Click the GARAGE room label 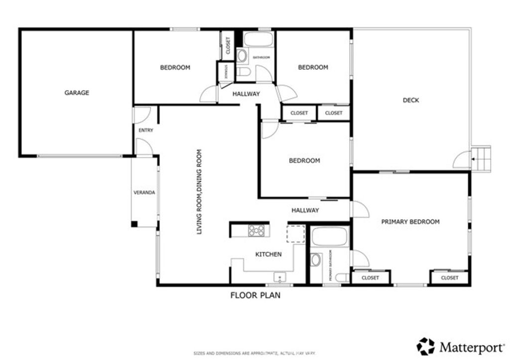tap(77, 93)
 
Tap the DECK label tap(410, 100)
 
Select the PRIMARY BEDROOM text tap(410, 222)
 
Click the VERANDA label tap(144, 193)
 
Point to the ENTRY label tap(146, 130)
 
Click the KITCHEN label tap(268, 254)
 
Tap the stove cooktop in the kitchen tap(257, 230)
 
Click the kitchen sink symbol tap(279, 277)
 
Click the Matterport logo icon tap(426, 346)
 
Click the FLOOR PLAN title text tap(255, 295)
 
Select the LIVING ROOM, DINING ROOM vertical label tap(199, 192)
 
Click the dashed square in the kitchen tap(294, 233)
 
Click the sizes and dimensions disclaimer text tap(255, 354)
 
